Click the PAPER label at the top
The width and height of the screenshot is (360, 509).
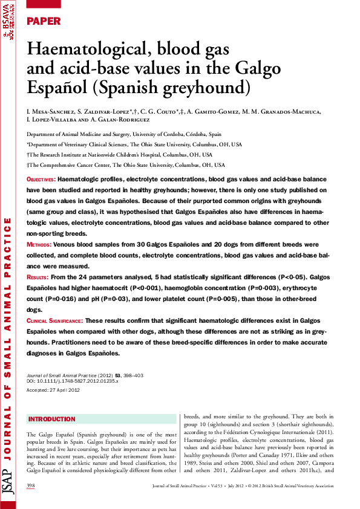click(x=44, y=22)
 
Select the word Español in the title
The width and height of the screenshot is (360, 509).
click(x=57, y=86)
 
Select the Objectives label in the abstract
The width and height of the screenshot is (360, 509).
click(x=41, y=180)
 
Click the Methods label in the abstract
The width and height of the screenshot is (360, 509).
click(x=39, y=245)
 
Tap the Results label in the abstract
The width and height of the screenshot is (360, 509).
click(x=39, y=277)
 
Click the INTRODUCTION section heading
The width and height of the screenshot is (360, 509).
click(x=53, y=419)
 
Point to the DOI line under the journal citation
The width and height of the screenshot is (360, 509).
click(x=73, y=381)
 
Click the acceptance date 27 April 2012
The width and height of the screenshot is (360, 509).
click(x=66, y=391)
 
